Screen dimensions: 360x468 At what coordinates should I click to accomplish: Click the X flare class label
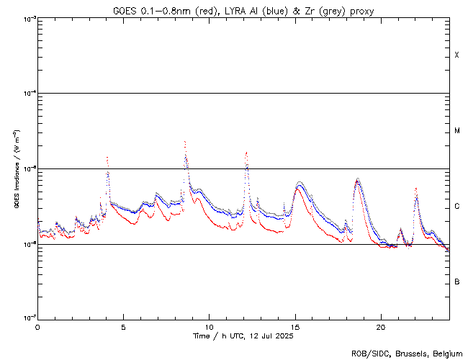pyautogui.click(x=456, y=55)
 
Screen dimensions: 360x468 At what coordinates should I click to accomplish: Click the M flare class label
pyautogui.click(x=456, y=131)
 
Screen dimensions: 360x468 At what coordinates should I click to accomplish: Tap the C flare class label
pyautogui.click(x=456, y=207)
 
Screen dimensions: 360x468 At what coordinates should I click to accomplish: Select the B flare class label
pyautogui.click(x=456, y=282)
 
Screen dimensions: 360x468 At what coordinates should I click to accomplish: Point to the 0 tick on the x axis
pyautogui.click(x=37, y=327)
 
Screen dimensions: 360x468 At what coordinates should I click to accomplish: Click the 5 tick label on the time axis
pyautogui.click(x=123, y=327)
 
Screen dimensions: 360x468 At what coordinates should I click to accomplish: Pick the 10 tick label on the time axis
pyautogui.click(x=209, y=327)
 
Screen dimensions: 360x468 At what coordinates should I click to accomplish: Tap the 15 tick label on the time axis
pyautogui.click(x=294, y=327)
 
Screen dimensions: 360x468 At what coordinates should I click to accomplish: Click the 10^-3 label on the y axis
pyautogui.click(x=29, y=18)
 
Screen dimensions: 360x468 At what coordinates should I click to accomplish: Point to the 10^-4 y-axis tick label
pyautogui.click(x=29, y=94)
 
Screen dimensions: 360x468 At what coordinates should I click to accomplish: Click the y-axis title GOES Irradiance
pyautogui.click(x=16, y=169)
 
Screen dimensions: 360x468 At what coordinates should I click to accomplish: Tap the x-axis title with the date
pyautogui.click(x=243, y=336)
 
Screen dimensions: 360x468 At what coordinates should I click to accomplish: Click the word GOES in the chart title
pyautogui.click(x=124, y=10)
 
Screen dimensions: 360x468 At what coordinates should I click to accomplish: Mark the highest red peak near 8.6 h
pyautogui.click(x=185, y=142)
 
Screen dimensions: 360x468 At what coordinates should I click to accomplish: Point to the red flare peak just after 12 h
pyautogui.click(x=246, y=152)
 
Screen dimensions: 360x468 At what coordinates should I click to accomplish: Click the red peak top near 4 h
pyautogui.click(x=107, y=157)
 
